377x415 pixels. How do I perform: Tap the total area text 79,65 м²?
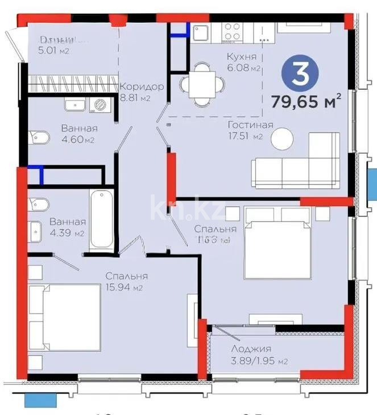coord(306,103)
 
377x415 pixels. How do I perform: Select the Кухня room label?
coord(241,57)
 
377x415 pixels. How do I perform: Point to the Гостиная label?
coord(250,125)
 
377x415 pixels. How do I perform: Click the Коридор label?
coord(142,87)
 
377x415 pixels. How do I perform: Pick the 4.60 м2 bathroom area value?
coord(78,140)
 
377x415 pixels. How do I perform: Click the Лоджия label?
coord(251,349)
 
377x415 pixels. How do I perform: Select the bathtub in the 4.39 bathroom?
coord(102,219)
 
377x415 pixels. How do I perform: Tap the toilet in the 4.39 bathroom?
coord(39,203)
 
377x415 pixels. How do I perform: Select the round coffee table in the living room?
coord(282,139)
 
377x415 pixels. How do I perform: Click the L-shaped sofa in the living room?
coord(296,162)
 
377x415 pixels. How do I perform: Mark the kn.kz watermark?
coord(188,209)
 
